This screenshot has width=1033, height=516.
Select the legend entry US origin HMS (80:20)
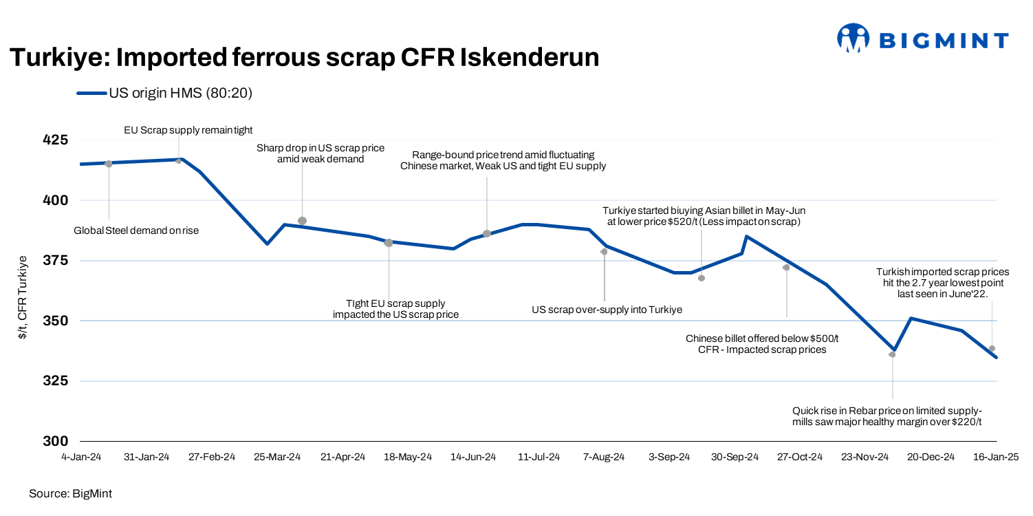point(165,93)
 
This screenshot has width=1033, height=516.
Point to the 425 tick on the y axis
point(56,140)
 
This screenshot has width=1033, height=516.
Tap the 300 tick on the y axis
point(56,441)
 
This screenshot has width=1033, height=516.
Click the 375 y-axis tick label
point(56,261)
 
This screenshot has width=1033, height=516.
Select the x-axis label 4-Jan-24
point(81,458)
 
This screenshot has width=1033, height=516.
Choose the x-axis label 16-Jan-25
point(995,458)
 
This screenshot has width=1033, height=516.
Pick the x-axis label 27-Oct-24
point(799,458)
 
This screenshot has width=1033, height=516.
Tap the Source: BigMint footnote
point(70,493)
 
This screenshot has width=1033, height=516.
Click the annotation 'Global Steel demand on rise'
point(136,230)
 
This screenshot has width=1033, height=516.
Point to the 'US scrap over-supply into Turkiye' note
point(607,310)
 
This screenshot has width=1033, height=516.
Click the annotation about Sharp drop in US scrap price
point(320,153)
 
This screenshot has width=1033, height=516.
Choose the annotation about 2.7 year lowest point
point(942,282)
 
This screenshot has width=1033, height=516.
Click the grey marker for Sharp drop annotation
point(302,221)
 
